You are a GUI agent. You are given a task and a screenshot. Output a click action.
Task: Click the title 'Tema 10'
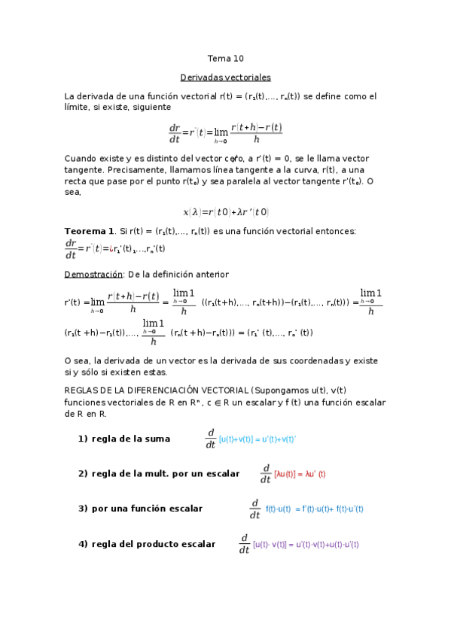(225, 59)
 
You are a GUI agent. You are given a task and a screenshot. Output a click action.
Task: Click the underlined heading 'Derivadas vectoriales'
(225, 77)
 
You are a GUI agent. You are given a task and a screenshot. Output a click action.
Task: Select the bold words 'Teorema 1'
(90, 230)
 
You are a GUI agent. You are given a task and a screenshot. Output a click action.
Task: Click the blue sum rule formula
(257, 439)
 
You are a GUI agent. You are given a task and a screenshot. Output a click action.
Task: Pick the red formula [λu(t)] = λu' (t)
(300, 474)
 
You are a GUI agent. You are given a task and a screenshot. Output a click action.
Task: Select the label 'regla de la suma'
(130, 439)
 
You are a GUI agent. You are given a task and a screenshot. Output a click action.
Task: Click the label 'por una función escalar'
(147, 509)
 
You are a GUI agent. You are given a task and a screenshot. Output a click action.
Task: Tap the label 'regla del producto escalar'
(153, 544)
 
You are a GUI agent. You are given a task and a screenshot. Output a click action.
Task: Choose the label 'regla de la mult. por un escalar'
(165, 473)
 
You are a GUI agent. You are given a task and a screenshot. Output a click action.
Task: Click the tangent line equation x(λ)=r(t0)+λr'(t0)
(225, 212)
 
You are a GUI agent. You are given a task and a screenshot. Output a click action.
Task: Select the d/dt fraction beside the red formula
(265, 474)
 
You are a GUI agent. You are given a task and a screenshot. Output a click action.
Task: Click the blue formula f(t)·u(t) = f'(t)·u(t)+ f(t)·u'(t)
(315, 509)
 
